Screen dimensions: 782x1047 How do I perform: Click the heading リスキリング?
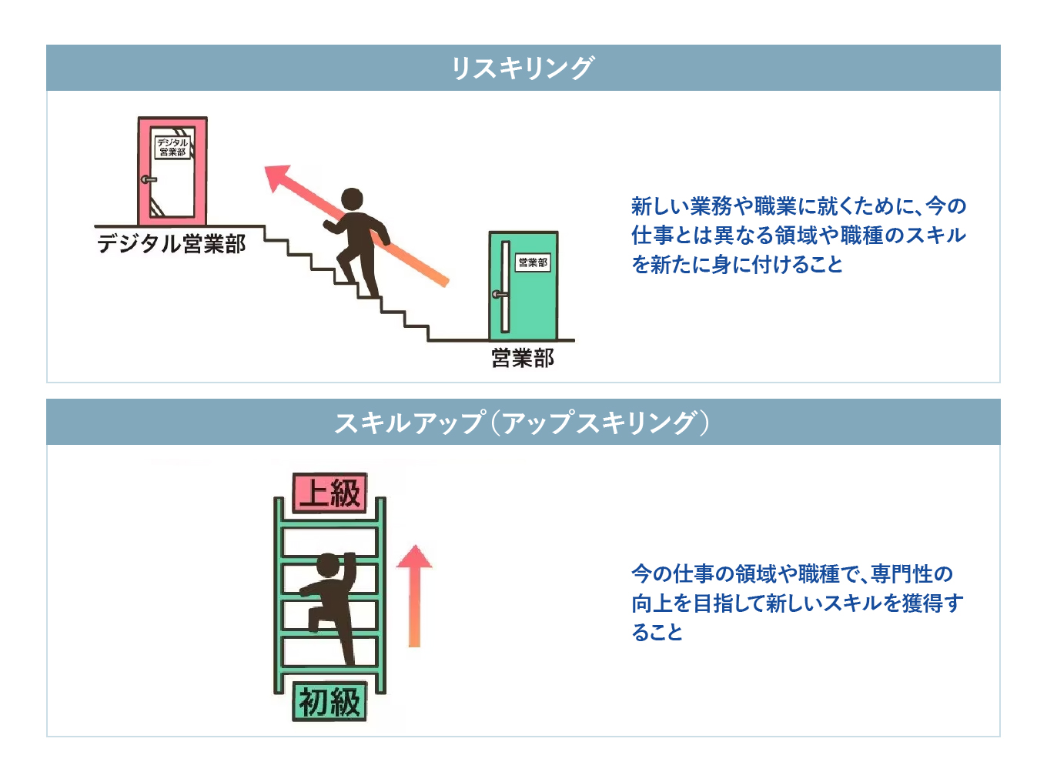click(522, 68)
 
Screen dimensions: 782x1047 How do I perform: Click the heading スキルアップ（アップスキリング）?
click(522, 422)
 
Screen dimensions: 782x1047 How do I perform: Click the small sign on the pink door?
click(172, 146)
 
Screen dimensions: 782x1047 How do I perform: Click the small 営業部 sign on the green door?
click(533, 262)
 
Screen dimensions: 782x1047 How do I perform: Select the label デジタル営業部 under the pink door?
click(171, 244)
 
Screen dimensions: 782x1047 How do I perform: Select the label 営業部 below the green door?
click(523, 358)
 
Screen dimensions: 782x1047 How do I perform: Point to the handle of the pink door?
click(148, 179)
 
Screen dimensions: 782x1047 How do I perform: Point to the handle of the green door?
click(500, 294)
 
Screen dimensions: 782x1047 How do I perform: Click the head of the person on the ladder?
click(328, 565)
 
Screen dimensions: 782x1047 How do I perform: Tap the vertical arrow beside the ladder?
click(414, 597)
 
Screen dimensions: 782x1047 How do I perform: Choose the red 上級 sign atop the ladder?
click(330, 493)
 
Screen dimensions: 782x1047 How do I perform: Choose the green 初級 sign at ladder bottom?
click(329, 701)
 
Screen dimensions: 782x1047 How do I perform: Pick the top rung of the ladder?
click(329, 524)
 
